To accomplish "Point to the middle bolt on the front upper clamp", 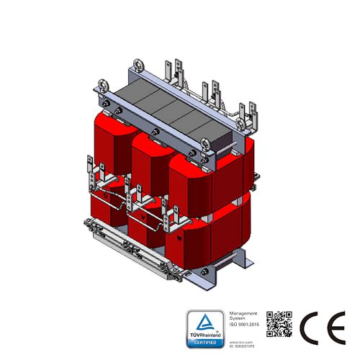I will click(155, 132).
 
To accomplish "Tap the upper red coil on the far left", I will click(109, 144).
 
